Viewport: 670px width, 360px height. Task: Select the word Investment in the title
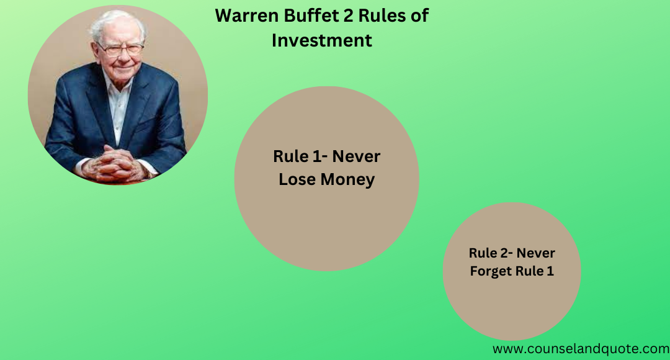pos(322,40)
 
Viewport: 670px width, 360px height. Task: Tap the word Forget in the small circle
pos(490,271)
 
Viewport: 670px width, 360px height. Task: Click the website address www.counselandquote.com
pos(580,349)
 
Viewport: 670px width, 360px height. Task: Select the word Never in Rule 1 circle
pos(356,156)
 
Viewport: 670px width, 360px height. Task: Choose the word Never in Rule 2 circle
pos(535,253)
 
